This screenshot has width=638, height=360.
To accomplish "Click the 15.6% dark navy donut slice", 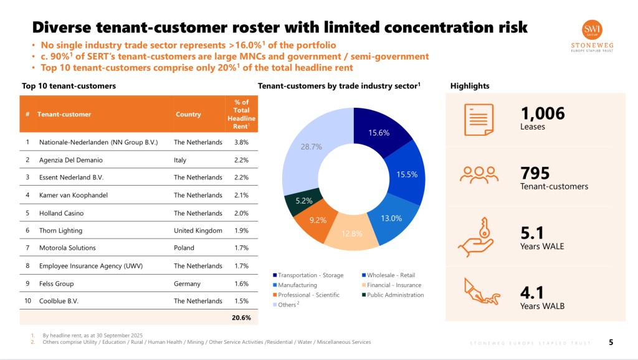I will click(x=379, y=131).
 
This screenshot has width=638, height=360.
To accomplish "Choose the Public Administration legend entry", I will click(x=393, y=295).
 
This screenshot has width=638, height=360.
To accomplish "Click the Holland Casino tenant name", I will click(x=61, y=213).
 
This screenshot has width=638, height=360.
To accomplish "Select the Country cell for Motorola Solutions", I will click(x=184, y=248).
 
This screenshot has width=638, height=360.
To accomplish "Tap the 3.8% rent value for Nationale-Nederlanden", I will click(x=241, y=142).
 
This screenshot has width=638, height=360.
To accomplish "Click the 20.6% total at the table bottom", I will click(x=241, y=318).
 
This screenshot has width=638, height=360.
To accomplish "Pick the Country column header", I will click(x=188, y=115).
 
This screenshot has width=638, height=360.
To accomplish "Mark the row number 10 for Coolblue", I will click(x=27, y=301).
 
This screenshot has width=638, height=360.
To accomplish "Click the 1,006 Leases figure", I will click(x=542, y=113).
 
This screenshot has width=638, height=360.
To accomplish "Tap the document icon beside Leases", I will click(x=478, y=118).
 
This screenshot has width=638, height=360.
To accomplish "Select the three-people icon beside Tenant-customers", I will click(x=478, y=175).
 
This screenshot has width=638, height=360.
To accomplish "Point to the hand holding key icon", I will click(x=478, y=237).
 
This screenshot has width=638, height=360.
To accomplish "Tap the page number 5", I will click(x=611, y=342).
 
